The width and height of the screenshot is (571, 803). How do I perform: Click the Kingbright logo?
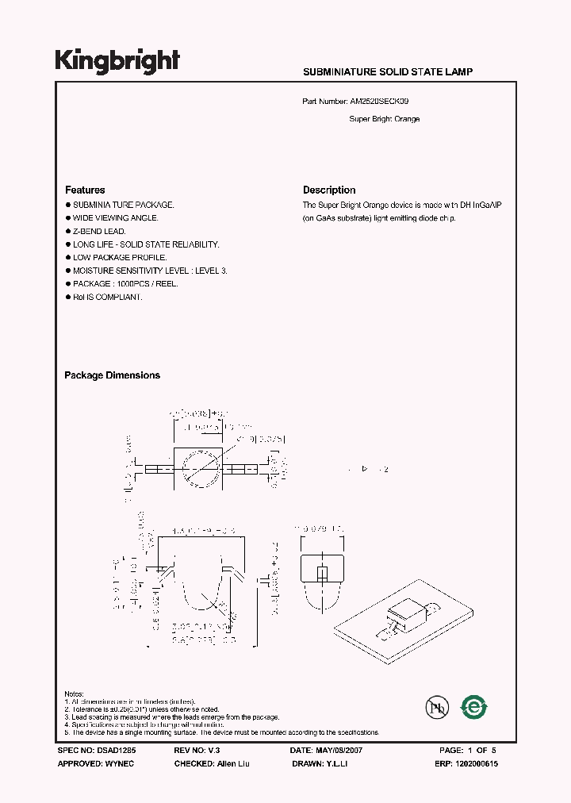(x=117, y=60)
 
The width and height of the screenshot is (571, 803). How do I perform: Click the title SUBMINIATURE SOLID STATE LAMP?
(x=388, y=71)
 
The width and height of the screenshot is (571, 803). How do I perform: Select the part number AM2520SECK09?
(x=379, y=102)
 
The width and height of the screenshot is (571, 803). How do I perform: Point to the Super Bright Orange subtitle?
(x=384, y=119)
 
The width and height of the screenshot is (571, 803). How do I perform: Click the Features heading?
(x=85, y=190)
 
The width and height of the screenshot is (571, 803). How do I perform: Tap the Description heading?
(x=329, y=190)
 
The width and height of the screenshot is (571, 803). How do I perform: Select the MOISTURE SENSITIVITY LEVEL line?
(x=150, y=271)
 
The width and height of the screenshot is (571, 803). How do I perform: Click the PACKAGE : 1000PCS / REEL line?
(x=125, y=283)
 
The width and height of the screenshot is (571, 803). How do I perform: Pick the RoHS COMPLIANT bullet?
(x=107, y=297)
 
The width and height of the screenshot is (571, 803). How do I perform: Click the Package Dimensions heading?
(x=112, y=375)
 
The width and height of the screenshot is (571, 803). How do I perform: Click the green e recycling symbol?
(x=474, y=705)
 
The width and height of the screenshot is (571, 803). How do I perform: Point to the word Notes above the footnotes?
(x=74, y=693)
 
